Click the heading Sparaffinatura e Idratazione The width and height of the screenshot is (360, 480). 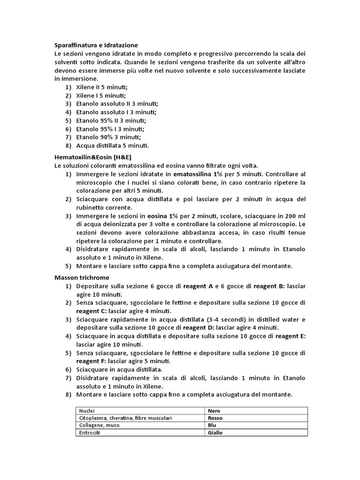pyautogui.click(x=96, y=45)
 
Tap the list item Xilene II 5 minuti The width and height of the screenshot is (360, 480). pyautogui.click(x=102, y=87)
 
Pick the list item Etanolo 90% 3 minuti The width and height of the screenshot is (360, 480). pyautogui.click(x=108, y=137)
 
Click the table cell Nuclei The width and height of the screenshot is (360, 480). pyautogui.click(x=87, y=411)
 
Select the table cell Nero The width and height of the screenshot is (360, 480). pyautogui.click(x=214, y=411)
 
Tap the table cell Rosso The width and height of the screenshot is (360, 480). pyautogui.click(x=215, y=418)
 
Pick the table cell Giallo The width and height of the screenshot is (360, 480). pyautogui.click(x=215, y=433)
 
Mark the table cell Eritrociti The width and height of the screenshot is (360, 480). pyautogui.click(x=90, y=433)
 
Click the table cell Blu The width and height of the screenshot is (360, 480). pyautogui.click(x=212, y=425)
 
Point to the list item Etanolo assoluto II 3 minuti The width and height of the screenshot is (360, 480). pyautogui.click(x=117, y=104)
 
